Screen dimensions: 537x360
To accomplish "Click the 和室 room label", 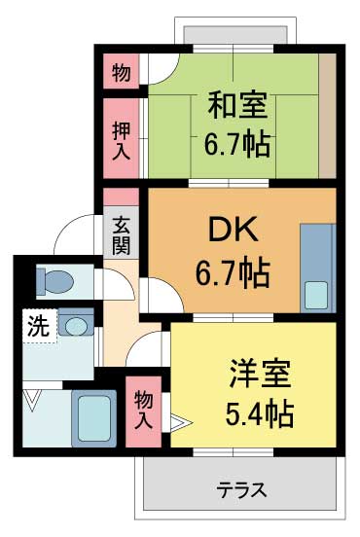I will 236,103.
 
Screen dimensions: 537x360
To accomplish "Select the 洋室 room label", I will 261,373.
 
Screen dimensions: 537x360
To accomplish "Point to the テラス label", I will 241,488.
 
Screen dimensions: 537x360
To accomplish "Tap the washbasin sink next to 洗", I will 76,324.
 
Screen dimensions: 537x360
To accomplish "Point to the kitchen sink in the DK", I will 317,293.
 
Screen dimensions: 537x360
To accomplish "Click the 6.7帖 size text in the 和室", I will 236,147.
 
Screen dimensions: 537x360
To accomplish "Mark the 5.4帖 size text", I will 261,415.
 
